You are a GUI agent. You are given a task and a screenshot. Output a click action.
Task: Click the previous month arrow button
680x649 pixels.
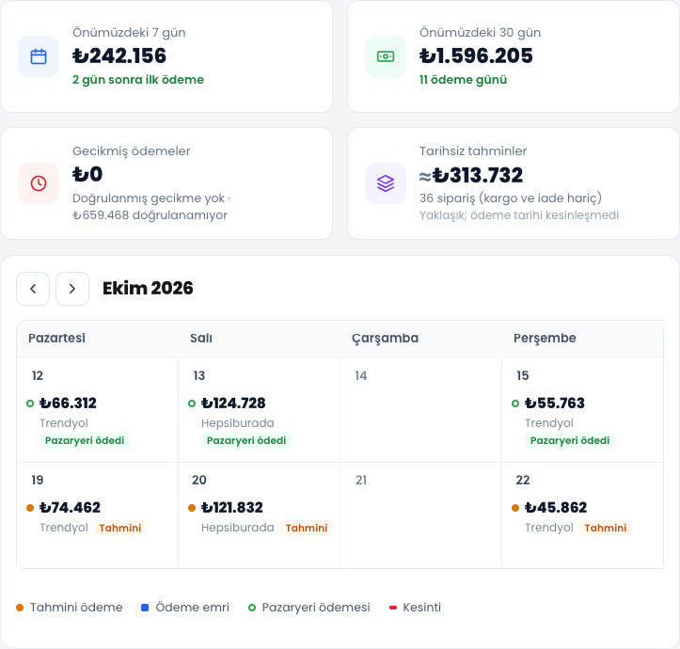click(33, 289)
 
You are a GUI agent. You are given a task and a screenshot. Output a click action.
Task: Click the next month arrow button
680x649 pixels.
click(72, 289)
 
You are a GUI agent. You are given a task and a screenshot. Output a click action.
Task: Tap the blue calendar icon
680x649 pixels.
click(39, 56)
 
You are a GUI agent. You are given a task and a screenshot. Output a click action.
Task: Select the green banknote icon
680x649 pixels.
click(386, 56)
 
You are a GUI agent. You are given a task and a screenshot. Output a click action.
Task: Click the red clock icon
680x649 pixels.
click(39, 183)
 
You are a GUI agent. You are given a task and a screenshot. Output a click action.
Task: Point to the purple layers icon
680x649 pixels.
click(386, 183)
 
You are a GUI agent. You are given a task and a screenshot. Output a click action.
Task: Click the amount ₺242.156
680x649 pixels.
click(119, 55)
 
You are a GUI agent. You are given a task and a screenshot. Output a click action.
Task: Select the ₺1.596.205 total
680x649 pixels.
click(476, 55)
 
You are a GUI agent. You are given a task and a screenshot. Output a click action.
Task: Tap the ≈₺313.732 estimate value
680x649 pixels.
click(471, 175)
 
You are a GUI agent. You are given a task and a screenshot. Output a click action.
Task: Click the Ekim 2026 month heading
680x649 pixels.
click(148, 288)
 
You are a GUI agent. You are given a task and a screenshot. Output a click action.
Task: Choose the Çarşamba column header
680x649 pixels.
click(385, 338)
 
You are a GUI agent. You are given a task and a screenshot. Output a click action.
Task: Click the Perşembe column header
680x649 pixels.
click(545, 338)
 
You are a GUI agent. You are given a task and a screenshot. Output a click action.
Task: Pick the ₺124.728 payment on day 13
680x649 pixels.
click(233, 403)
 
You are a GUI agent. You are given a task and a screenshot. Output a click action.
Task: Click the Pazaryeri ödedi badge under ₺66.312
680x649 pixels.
click(85, 440)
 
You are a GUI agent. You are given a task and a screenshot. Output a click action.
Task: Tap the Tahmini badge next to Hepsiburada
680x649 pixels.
click(307, 528)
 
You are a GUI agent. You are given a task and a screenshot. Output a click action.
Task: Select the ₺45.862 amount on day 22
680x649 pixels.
click(556, 507)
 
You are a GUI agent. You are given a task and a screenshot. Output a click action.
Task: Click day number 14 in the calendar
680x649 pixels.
click(361, 375)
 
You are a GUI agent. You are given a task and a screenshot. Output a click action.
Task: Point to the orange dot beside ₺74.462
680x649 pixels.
click(30, 508)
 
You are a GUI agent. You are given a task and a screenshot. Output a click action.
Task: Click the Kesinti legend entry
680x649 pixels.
click(415, 608)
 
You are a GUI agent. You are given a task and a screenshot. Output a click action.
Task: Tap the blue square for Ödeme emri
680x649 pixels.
click(145, 608)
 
